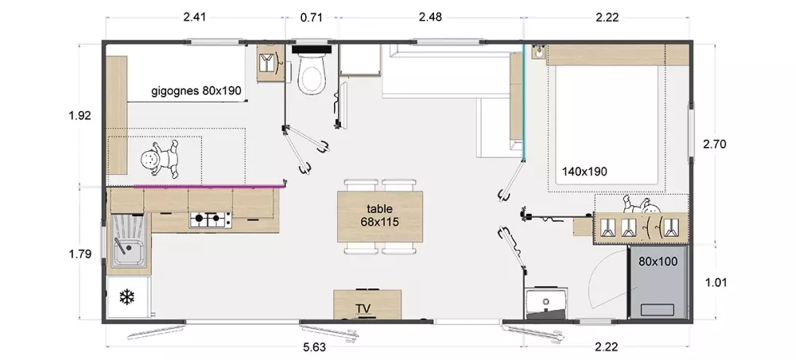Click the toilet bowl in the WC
(x=312, y=75)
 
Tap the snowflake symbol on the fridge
(x=126, y=297)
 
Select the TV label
(x=363, y=309)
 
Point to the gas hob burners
(x=211, y=219)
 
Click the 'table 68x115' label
(x=380, y=215)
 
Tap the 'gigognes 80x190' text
(x=196, y=91)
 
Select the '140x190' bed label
(x=584, y=172)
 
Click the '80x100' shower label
(x=658, y=261)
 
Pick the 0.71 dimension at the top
(x=312, y=17)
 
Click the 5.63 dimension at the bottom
(x=314, y=347)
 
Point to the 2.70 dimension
(x=715, y=144)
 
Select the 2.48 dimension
(x=430, y=17)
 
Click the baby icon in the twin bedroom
(x=161, y=159)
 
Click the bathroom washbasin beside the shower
(x=546, y=303)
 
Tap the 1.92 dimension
(x=80, y=115)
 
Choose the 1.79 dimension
(x=80, y=254)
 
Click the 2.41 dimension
(x=194, y=17)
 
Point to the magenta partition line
(x=207, y=187)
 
